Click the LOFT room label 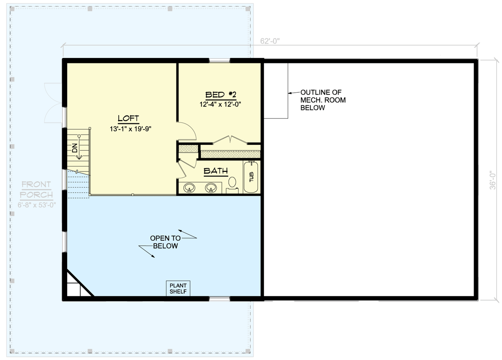[x=128, y=119]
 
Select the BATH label [x=216, y=171]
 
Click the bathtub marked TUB [x=251, y=177]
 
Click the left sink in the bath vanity [x=190, y=187]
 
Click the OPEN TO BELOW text [x=165, y=242]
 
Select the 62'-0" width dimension [x=270, y=40]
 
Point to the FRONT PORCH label [x=36, y=189]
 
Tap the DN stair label [x=75, y=148]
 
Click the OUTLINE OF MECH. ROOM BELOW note [x=323, y=100]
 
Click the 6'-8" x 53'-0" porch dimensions [x=36, y=205]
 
